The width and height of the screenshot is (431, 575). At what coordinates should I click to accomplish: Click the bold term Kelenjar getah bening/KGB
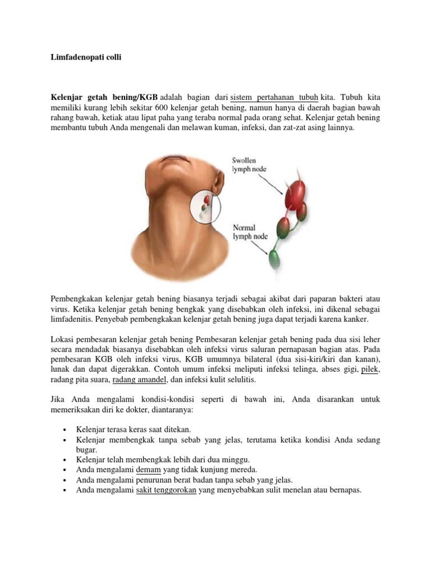pos(104,96)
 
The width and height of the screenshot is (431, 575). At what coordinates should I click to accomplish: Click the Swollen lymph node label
pos(247,165)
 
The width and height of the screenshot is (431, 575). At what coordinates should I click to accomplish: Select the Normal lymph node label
pos(245,232)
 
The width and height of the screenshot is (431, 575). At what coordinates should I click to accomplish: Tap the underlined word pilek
pos(370,368)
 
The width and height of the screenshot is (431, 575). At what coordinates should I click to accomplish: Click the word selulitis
pos(241,380)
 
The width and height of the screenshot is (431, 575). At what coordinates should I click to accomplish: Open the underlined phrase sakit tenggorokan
pos(166,490)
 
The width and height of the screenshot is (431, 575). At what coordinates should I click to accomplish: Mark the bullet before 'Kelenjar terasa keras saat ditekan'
pos(67,430)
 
